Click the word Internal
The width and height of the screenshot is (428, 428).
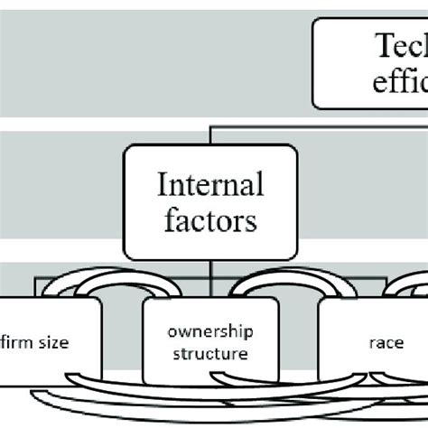210,186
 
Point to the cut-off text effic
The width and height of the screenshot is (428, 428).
397,82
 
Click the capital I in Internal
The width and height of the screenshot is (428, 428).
163,186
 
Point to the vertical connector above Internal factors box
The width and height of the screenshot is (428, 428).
209,137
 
